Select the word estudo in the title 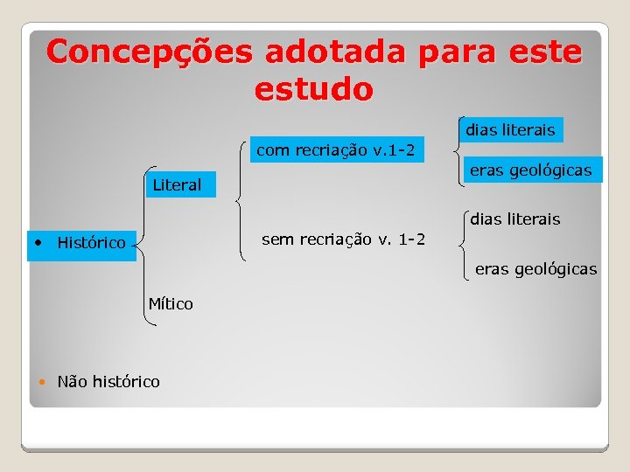click(x=314, y=89)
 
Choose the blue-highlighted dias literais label click(x=510, y=130)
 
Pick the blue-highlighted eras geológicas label click(x=531, y=170)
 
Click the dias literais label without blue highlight click(x=515, y=219)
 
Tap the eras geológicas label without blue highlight click(x=535, y=268)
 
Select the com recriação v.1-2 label click(x=335, y=150)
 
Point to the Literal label click(x=177, y=184)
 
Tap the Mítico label click(x=171, y=304)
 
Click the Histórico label click(x=91, y=242)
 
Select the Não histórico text click(x=108, y=381)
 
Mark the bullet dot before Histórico click(x=38, y=240)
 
